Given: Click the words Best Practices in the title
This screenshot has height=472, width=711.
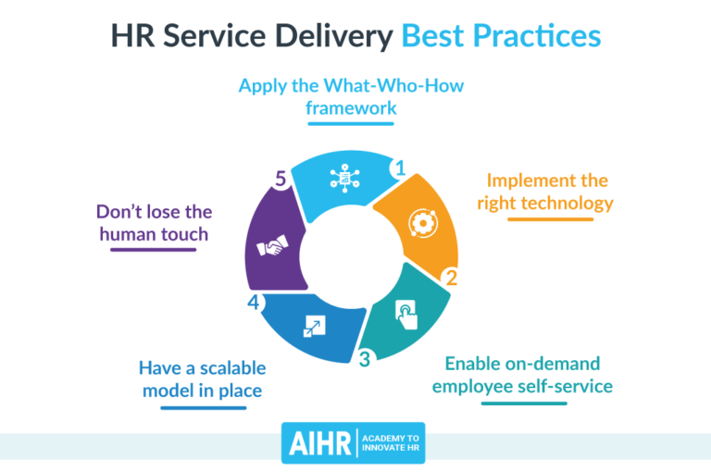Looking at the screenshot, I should coord(501,37).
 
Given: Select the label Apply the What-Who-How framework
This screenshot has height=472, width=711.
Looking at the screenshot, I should coord(353,97).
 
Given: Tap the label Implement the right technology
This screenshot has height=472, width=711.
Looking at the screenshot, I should coord(545,191).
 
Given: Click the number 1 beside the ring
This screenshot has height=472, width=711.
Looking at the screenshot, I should coord(400,168).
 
